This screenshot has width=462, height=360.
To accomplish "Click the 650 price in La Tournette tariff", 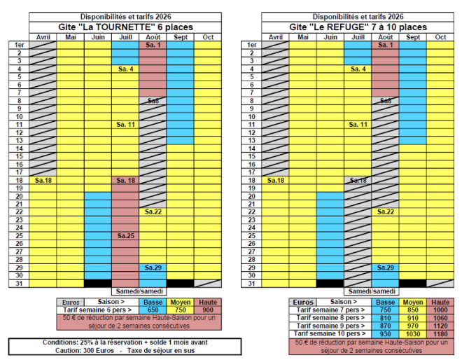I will tap(153, 310).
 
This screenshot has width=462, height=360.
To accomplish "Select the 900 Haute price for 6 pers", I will tap(208, 310).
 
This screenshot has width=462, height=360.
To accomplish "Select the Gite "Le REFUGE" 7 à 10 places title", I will tap(358, 27).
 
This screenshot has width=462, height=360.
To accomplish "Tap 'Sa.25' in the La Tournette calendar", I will tap(125, 236).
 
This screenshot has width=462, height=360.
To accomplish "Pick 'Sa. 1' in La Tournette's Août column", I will tap(153, 45).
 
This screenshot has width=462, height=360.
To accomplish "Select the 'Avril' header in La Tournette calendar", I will tap(43, 36).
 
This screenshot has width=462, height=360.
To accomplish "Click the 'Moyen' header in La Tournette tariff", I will tap(180, 302).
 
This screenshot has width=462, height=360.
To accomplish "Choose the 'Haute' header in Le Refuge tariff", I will tap(440, 302).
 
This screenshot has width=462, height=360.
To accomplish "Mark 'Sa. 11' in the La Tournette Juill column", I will tap(125, 124).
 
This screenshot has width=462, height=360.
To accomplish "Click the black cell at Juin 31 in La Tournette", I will tap(97, 283).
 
